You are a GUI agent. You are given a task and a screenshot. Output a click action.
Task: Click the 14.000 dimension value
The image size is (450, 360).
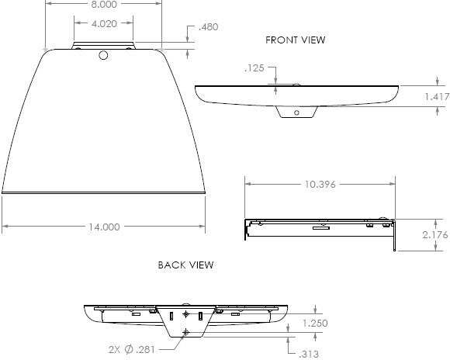[x=104, y=227]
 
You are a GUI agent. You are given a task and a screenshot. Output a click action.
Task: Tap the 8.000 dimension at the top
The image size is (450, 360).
[x=104, y=4]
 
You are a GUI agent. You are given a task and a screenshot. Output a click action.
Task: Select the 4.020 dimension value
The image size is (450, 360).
[x=104, y=23]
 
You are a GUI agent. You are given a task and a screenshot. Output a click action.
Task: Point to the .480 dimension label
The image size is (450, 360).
[x=209, y=26]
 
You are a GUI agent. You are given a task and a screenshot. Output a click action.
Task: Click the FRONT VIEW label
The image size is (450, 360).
[x=296, y=40]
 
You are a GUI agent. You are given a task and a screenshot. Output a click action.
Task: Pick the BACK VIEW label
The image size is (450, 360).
[x=186, y=265]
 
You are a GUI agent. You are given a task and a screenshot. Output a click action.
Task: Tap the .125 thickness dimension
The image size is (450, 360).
[x=254, y=68]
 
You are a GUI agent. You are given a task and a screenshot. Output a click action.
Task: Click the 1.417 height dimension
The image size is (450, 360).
[x=437, y=97]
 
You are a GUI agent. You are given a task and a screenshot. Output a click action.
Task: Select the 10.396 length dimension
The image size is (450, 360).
[x=320, y=184]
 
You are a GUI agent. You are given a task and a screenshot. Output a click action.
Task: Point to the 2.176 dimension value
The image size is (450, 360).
[x=435, y=235]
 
